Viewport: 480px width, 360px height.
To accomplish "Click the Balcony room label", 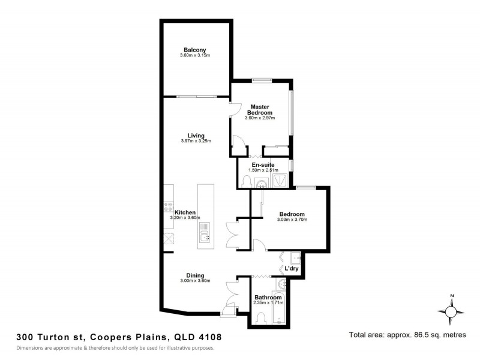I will (x=195, y=50).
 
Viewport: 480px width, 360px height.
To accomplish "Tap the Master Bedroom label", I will (x=262, y=109).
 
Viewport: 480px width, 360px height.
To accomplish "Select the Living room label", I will (x=196, y=136).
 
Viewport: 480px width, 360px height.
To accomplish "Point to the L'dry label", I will (x=292, y=268).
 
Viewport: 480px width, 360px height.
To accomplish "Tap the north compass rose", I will (x=452, y=311).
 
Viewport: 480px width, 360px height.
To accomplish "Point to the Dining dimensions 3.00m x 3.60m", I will (x=195, y=281).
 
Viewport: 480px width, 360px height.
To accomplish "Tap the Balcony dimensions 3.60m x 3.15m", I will (x=195, y=56).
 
